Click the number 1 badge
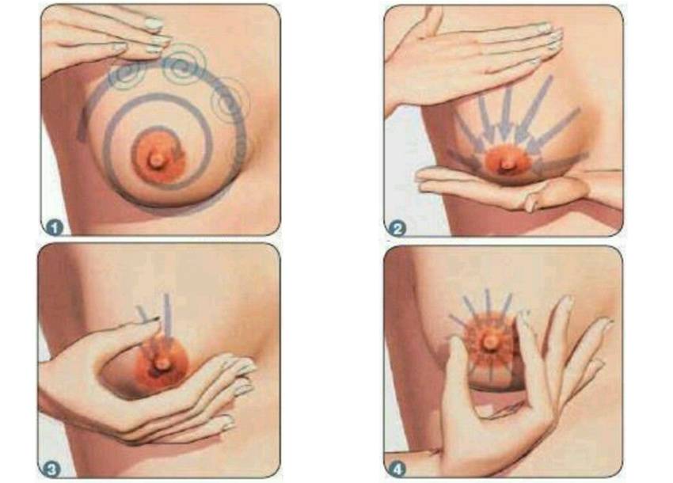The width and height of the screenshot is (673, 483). pos(55,227)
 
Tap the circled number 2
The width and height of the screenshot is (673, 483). pos(397,228)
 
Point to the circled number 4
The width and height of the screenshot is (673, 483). pos(397,470)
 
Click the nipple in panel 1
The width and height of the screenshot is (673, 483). pos(156,159)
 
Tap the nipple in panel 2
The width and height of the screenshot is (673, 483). pos(508,164)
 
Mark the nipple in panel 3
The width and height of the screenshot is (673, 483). pos(162,363)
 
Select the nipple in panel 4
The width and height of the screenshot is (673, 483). pos(489,340)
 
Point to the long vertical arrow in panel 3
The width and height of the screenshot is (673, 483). pos(167,318)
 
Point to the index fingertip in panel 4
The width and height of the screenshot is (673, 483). pos(523,318)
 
